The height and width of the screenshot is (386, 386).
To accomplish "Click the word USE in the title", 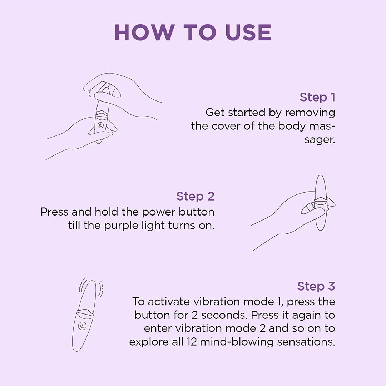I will (x=248, y=33).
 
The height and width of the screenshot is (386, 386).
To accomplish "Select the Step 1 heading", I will (x=317, y=97).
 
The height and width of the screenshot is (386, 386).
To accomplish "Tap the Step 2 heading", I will (x=195, y=196).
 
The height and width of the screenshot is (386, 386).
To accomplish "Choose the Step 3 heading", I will (x=316, y=286).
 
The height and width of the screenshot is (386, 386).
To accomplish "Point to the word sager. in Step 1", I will (x=320, y=139).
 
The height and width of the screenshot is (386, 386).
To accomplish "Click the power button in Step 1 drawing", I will (x=100, y=125).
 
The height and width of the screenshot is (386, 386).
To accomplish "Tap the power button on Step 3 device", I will (x=82, y=326).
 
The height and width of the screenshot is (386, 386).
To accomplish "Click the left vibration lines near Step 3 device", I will (x=83, y=286).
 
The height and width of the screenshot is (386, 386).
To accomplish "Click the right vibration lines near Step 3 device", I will (x=101, y=289).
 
